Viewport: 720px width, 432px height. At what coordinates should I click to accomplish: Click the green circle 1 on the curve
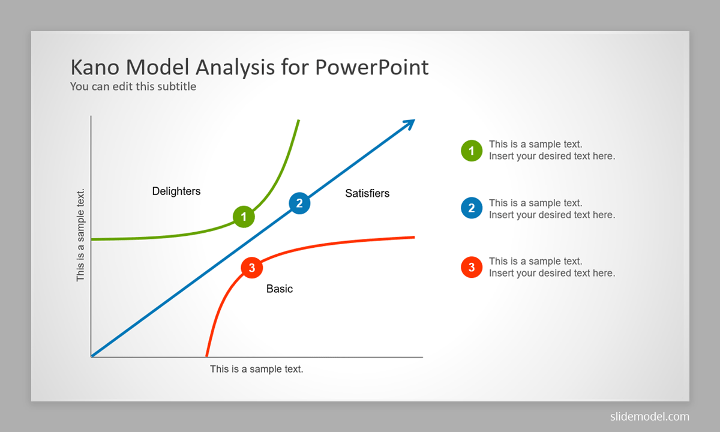point(244,217)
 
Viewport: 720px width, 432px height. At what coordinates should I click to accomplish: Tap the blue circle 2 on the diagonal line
point(299,203)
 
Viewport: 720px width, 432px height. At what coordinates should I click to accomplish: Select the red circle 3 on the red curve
point(251,268)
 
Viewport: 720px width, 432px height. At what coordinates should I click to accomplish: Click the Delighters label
point(176,191)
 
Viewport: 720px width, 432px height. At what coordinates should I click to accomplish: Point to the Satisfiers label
point(367,193)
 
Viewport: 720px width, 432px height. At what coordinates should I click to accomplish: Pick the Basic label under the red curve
point(280,289)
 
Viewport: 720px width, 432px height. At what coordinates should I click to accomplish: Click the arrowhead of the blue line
point(410,124)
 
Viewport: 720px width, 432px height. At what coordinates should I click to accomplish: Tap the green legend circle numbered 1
point(472,151)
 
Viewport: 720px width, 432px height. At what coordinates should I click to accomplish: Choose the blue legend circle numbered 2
point(472,208)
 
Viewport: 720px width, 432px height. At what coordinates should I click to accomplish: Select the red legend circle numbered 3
point(472,267)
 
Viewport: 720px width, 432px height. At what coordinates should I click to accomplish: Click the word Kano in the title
point(95,67)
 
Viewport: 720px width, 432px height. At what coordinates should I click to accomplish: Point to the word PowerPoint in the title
point(371,67)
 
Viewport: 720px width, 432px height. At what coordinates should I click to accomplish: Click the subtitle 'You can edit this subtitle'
point(133,86)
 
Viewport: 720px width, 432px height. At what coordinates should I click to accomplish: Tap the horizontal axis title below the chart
point(257,369)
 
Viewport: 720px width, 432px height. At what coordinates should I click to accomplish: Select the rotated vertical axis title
point(80,235)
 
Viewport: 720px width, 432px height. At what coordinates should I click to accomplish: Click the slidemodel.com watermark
point(650,416)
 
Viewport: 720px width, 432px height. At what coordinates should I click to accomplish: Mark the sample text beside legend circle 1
point(552,150)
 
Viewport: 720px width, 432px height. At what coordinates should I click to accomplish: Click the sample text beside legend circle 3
point(552,267)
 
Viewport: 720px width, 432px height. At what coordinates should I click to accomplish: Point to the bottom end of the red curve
point(206,356)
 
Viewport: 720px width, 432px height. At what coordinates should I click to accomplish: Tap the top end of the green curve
point(299,120)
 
